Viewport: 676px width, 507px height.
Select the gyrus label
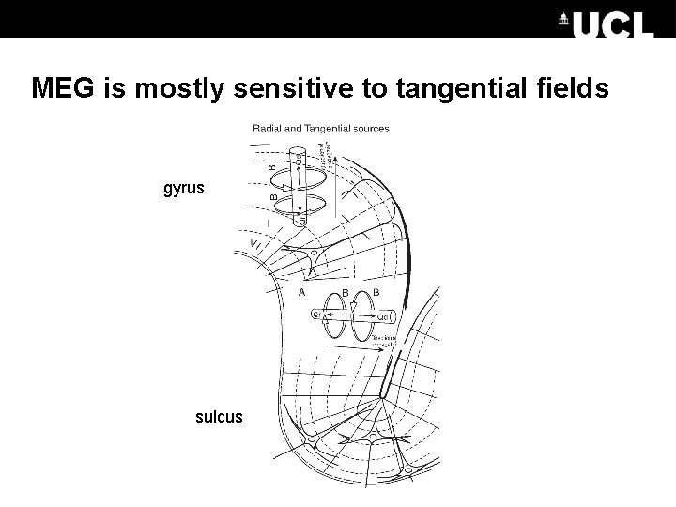(x=183, y=189)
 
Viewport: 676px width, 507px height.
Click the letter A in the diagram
(x=302, y=293)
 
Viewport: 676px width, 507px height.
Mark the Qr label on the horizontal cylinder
(x=316, y=315)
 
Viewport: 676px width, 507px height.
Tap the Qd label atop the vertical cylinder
(x=299, y=160)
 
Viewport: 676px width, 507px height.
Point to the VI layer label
(x=256, y=246)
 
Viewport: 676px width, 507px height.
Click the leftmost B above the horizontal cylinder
(x=346, y=293)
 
